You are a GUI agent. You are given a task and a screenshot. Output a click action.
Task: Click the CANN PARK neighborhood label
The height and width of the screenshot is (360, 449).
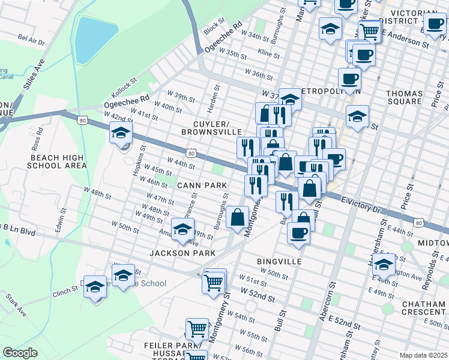201,185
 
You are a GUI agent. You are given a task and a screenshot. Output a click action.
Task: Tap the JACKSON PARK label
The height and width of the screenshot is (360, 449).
182,253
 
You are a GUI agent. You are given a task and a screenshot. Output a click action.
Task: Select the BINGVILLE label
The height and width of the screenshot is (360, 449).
276,262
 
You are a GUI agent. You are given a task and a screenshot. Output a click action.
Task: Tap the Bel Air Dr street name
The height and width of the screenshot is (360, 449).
31,40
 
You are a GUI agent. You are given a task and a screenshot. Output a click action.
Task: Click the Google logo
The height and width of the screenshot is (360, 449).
20,353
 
